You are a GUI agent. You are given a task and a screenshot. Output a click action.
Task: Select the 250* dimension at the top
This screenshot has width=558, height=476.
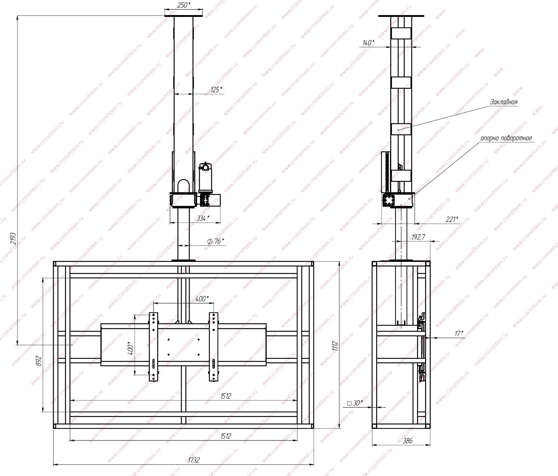tap(184, 5)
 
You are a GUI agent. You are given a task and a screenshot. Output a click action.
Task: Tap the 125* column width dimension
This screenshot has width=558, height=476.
tap(216, 89)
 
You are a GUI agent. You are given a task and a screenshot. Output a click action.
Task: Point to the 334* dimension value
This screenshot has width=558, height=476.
tap(203, 218)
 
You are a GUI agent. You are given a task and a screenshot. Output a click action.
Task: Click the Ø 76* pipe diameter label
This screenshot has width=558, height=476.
tap(216, 241)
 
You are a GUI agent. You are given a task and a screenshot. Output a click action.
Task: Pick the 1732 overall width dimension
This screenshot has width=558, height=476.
tap(194, 460)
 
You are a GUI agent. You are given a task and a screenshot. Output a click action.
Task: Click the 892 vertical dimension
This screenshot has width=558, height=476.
tap(39, 361)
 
